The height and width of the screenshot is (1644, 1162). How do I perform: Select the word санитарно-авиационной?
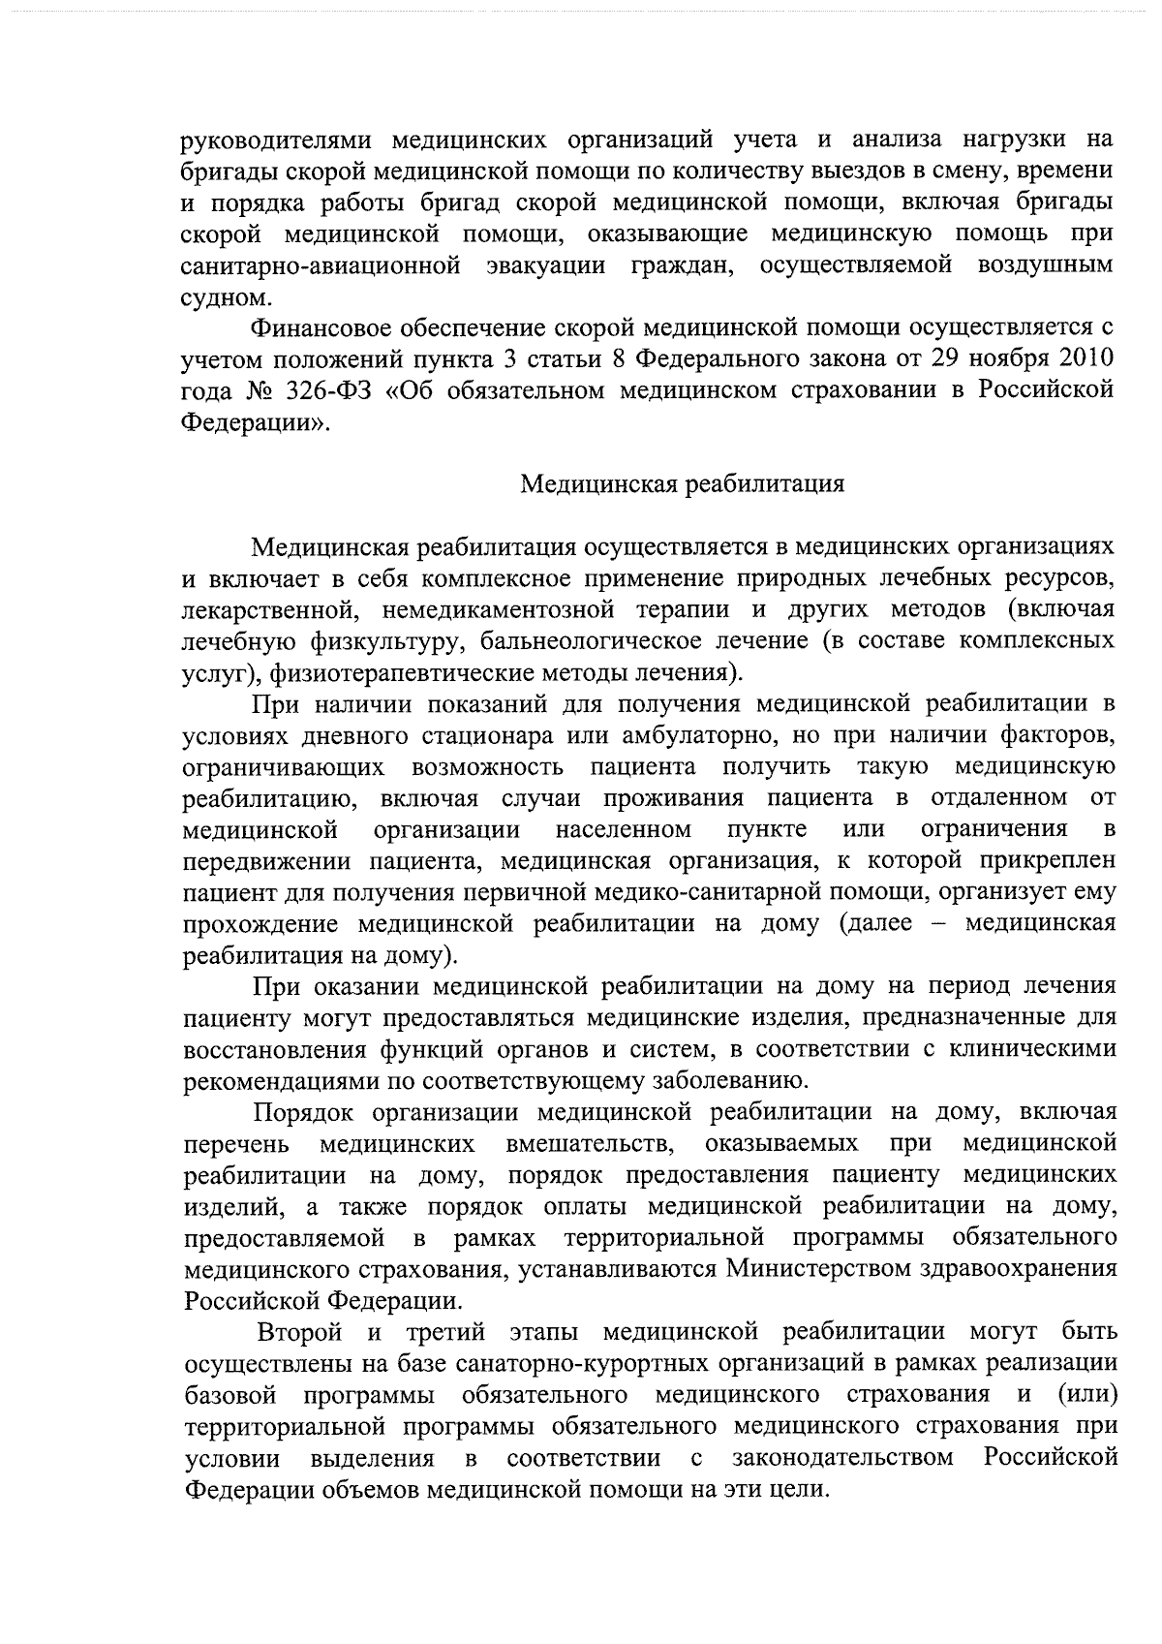321,264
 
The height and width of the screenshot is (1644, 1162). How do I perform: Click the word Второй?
300,1331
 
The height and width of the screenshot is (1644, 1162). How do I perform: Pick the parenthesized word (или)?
1086,1394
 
